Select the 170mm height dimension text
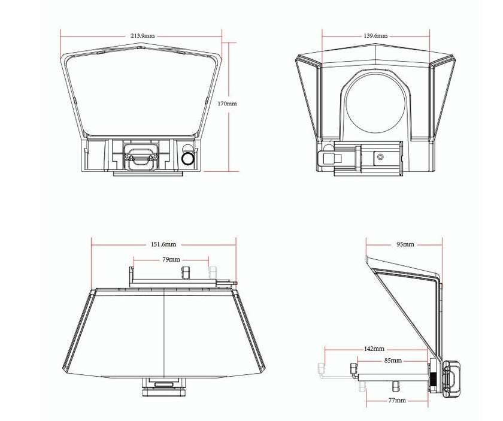click(x=227, y=104)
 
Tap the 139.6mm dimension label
click(x=375, y=35)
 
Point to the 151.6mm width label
click(x=163, y=244)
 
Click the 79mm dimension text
click(x=171, y=259)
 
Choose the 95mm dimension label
click(x=405, y=244)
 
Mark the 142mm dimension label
click(x=374, y=349)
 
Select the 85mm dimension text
click(x=393, y=361)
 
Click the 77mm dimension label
click(x=397, y=401)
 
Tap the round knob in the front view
click(x=187, y=159)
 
